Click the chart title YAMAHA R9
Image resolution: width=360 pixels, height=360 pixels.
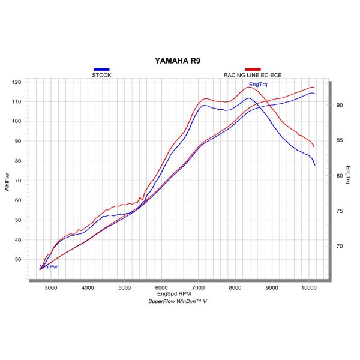pyautogui.click(x=179, y=61)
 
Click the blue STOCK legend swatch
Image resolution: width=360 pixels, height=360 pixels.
pyautogui.click(x=101, y=70)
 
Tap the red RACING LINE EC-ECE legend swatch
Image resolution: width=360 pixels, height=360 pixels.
pyautogui.click(x=252, y=70)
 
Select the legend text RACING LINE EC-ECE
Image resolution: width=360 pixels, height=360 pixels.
pyautogui.click(x=253, y=75)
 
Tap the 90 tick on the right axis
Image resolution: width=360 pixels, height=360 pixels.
pyautogui.click(x=339, y=105)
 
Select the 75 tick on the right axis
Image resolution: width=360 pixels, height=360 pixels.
pyautogui.click(x=339, y=211)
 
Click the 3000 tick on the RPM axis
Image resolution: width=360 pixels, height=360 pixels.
pyautogui.click(x=51, y=288)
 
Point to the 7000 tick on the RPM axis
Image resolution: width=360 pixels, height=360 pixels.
pyautogui.click(x=199, y=288)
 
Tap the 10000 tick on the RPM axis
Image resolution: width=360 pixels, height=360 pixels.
pyautogui.click(x=309, y=288)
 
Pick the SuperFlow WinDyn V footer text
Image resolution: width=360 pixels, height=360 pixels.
pyautogui.click(x=177, y=302)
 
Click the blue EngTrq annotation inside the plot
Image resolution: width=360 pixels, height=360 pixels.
pyautogui.click(x=258, y=85)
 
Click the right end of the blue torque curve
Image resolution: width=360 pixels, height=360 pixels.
pyautogui.click(x=314, y=164)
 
